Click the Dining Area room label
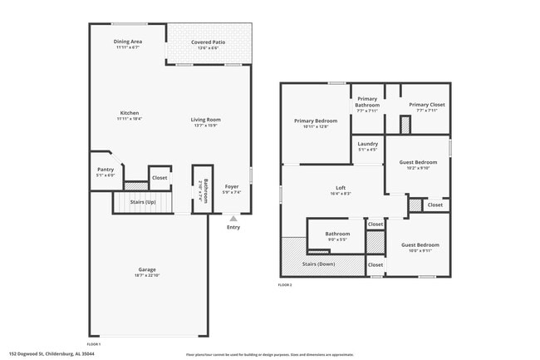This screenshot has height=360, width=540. point(128,42)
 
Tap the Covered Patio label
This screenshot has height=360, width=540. point(208,42)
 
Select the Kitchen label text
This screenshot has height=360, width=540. point(129,113)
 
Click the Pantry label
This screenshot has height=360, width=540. point(106,170)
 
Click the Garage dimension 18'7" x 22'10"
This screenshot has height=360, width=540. point(147,275)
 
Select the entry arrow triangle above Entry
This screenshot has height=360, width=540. point(233,218)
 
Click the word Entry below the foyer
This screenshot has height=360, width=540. point(233,226)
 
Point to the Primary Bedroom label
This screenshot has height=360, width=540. point(316,121)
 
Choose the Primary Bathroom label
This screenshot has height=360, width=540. point(367,101)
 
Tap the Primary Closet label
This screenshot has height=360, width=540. point(427,105)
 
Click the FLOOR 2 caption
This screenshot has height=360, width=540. point(285,285)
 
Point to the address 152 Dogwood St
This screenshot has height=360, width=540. point(52,353)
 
